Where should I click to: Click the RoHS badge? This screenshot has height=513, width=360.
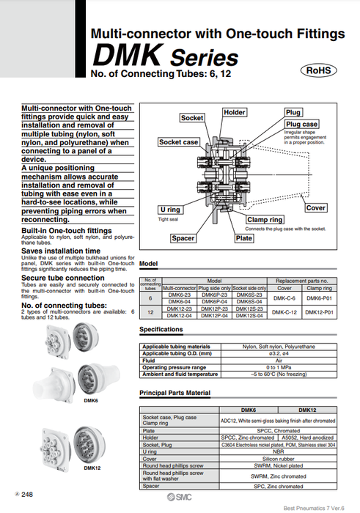[319, 71]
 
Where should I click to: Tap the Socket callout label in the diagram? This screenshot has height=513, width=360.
[192, 118]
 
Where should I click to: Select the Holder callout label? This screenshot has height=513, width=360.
[235, 112]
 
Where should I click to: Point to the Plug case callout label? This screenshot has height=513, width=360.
[301, 125]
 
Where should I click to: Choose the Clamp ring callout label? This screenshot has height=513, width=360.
[265, 220]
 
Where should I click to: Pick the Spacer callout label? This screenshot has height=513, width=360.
[183, 238]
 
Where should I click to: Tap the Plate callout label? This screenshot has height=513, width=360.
[243, 238]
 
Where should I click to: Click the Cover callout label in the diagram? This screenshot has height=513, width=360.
[315, 208]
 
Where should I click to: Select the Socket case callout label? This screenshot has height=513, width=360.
[179, 142]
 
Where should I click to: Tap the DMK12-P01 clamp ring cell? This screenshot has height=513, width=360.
[319, 312]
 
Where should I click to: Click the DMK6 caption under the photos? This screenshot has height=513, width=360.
[90, 401]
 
